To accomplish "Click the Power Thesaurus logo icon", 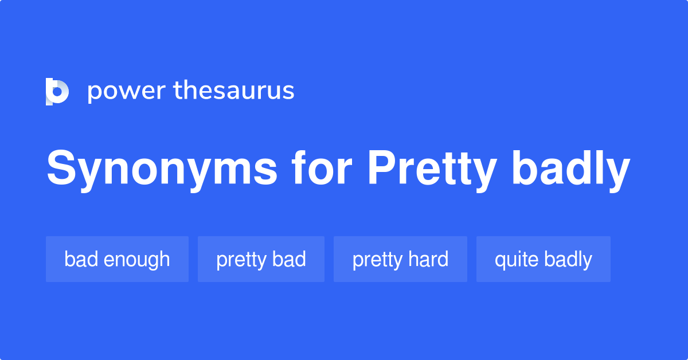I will click(x=57, y=91).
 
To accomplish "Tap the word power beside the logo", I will click(x=126, y=91).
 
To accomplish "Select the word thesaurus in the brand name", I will click(x=234, y=91).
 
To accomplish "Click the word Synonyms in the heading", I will click(x=162, y=170).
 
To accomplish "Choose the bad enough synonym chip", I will click(x=117, y=259).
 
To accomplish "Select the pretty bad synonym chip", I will click(x=261, y=259).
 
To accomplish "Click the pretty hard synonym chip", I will click(x=400, y=259).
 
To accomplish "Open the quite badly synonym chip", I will click(x=543, y=259).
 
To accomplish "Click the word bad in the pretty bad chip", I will click(x=290, y=259).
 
